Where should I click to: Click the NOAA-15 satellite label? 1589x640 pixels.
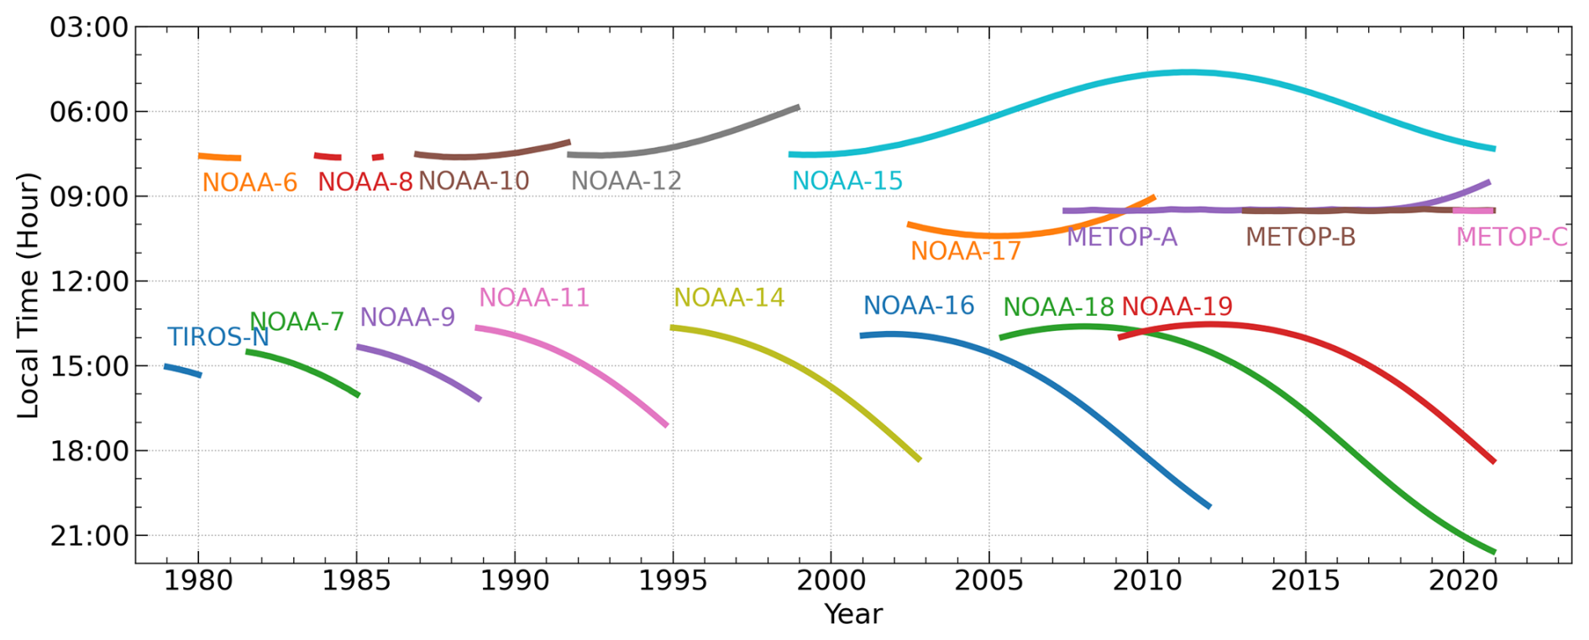847,181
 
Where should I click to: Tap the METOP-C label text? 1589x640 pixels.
1512,237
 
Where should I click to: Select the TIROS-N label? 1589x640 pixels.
218,337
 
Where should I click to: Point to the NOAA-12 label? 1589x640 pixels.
626,181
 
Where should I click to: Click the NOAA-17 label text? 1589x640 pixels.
966,251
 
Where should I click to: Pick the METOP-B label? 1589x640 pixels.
1300,237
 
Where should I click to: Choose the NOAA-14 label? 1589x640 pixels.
729,297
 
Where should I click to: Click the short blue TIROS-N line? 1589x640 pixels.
182,370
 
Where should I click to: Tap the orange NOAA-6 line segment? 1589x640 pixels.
219,157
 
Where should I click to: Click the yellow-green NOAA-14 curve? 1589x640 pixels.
806,370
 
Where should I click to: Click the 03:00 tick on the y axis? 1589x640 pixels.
89,28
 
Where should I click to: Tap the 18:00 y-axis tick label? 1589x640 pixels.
89,451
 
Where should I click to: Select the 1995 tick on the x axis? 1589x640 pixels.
672,580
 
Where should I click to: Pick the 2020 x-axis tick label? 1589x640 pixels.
1464,580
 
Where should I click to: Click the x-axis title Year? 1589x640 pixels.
853,614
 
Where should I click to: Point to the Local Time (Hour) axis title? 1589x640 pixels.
29,295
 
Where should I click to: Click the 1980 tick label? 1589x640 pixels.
198,580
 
